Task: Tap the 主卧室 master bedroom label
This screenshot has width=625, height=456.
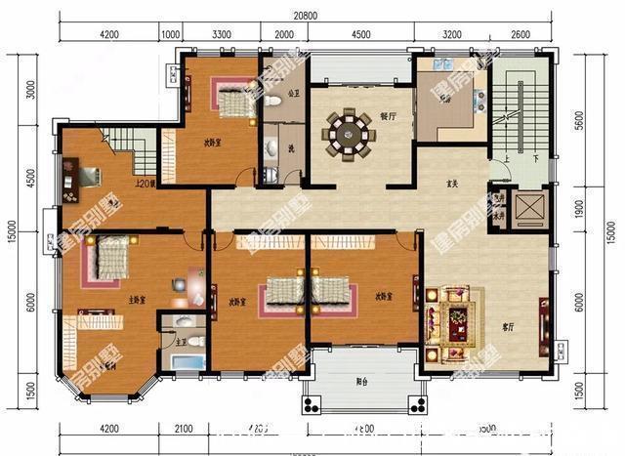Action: tap(136, 300)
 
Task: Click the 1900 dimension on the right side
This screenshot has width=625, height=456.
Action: tap(578, 207)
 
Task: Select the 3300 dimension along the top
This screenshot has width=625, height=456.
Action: tap(222, 34)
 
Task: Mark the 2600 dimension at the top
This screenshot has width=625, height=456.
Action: tap(521, 34)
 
